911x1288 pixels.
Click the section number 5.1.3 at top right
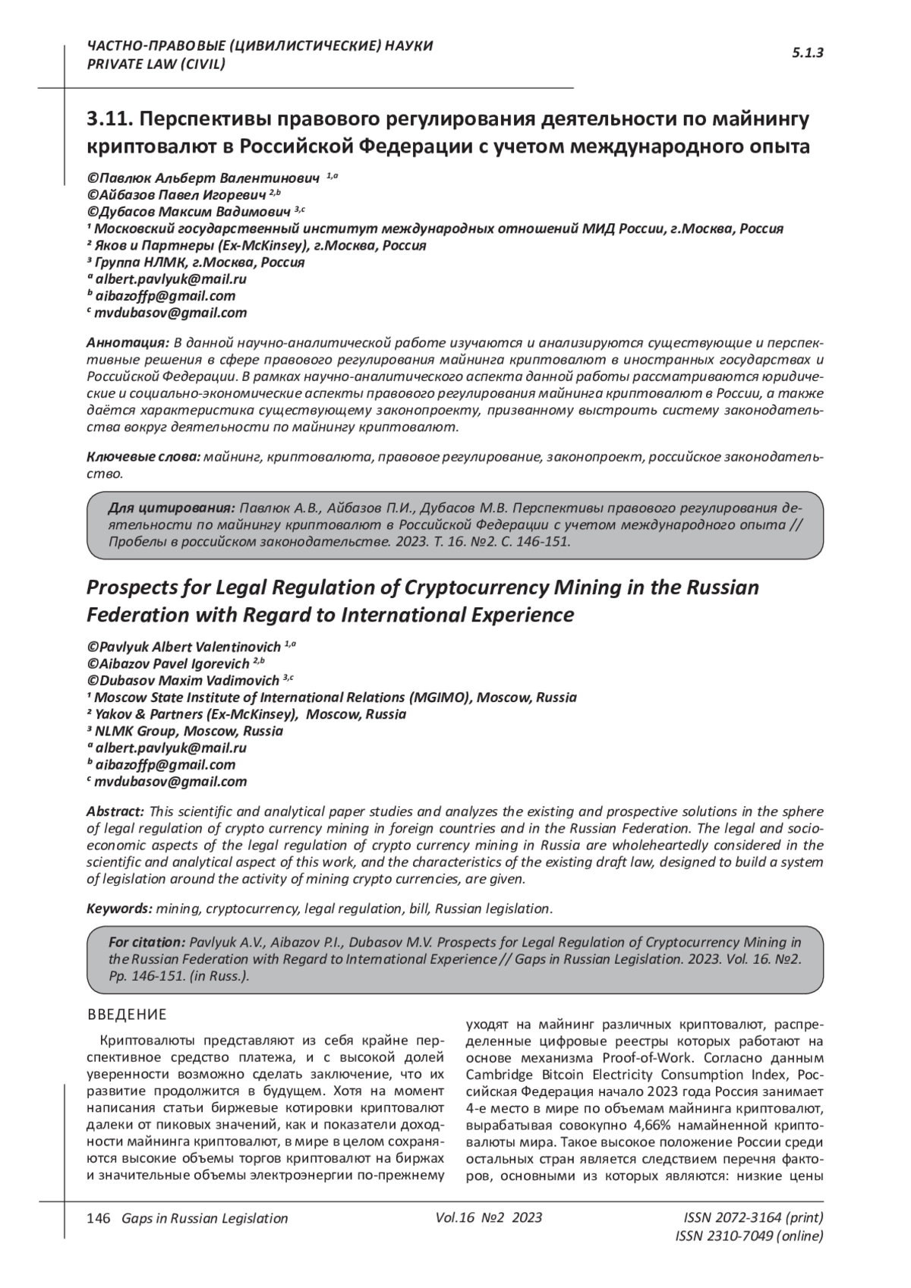click(x=808, y=52)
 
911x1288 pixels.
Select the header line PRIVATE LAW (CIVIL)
click(x=156, y=64)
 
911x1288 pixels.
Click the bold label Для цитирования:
click(x=172, y=508)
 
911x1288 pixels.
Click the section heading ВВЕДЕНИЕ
click(x=127, y=1015)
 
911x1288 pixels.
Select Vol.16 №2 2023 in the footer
click(x=489, y=1217)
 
